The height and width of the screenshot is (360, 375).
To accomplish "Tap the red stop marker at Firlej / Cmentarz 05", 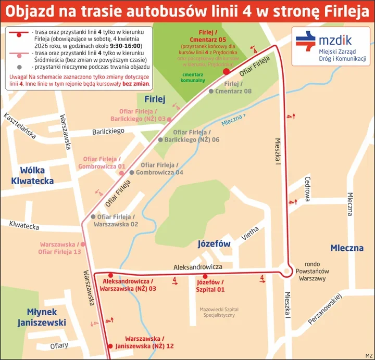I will [226, 72].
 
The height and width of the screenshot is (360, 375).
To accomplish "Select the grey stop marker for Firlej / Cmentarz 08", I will [211, 92].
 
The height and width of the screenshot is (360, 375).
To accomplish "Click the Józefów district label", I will [214, 243].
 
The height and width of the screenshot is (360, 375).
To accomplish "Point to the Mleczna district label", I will [347, 248].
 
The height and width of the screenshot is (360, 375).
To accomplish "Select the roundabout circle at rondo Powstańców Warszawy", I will [286, 271].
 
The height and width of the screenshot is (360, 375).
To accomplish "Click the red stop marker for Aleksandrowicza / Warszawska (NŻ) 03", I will [110, 275].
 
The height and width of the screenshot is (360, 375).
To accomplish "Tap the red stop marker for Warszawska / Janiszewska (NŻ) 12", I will [110, 346].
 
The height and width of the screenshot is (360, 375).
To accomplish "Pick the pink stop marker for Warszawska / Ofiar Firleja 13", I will [82, 243].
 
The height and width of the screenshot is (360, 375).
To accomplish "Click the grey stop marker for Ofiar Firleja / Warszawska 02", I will [93, 216].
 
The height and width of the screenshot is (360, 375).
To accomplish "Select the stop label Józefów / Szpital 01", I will [210, 286].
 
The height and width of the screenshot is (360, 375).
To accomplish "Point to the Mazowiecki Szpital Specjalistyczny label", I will [219, 312].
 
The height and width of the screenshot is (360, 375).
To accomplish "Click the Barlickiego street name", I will [108, 132].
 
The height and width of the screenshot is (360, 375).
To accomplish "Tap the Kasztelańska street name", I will [19, 125].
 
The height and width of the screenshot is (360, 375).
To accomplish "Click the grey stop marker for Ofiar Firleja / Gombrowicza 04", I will [132, 172].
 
